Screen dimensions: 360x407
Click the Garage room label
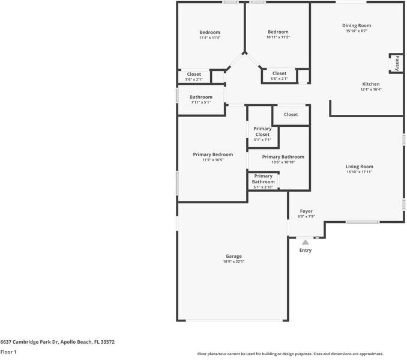(234, 256)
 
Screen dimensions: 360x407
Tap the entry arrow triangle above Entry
(305, 242)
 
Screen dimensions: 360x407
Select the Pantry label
(397, 63)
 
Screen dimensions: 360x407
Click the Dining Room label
(357, 26)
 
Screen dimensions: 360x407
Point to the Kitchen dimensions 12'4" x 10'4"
(370, 90)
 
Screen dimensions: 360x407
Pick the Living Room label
(359, 166)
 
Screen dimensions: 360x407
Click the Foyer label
(306, 211)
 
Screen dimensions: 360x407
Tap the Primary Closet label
(262, 132)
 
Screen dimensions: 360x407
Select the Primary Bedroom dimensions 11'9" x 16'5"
(213, 160)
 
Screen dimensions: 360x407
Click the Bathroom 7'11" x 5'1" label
(200, 99)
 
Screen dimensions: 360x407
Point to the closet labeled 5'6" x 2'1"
(194, 77)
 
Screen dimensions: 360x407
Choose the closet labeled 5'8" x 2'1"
(279, 76)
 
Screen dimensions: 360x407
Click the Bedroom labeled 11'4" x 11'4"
(210, 34)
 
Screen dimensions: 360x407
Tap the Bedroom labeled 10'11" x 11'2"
(278, 34)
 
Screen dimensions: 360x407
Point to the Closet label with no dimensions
(291, 114)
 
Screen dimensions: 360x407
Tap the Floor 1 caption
(8, 352)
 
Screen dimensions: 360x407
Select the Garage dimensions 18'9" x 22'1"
(234, 261)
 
